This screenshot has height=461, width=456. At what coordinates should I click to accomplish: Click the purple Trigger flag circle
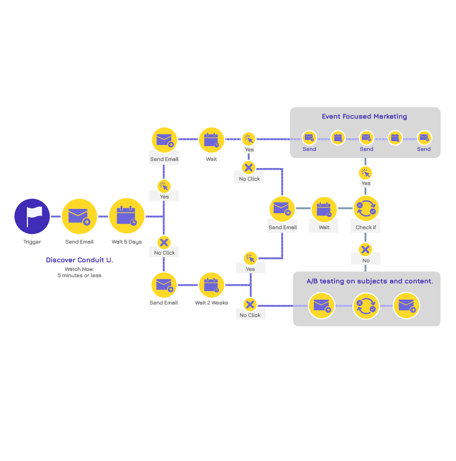coord(32,217)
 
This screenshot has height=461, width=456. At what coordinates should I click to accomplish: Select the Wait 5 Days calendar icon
coord(127,216)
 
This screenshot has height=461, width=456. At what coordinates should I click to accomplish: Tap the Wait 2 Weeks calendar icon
coord(211,285)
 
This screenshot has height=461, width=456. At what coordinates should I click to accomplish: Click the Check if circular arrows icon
coord(366,208)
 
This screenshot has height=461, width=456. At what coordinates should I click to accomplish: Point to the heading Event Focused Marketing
coord(364,116)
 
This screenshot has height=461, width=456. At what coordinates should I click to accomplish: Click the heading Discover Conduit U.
coord(79,260)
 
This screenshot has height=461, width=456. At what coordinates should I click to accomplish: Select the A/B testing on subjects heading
coord(370,281)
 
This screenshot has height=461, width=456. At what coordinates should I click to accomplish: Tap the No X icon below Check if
coord(365,250)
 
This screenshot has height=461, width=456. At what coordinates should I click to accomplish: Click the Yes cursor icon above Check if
coord(365,173)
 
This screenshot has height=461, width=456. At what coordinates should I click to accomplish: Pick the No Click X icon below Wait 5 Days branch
coord(164,242)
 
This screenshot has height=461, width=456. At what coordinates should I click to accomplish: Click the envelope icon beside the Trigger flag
coord(79,217)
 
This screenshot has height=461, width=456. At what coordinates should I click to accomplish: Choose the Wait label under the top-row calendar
coord(211,159)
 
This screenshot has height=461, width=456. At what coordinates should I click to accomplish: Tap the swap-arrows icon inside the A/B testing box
coord(366,306)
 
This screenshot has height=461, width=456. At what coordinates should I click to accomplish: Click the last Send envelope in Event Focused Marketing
coord(424,138)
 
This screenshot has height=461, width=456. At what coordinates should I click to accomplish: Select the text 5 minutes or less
coord(79,276)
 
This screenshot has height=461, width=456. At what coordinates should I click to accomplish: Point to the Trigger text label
coord(32,242)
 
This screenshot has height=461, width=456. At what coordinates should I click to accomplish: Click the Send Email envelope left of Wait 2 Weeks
coord(164,285)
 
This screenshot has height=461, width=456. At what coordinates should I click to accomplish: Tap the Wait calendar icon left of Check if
coord(324,209)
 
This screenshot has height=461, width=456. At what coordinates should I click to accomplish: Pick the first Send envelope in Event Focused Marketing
coord(310,138)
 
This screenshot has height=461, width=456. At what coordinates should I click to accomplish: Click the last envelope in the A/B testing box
coord(407,306)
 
